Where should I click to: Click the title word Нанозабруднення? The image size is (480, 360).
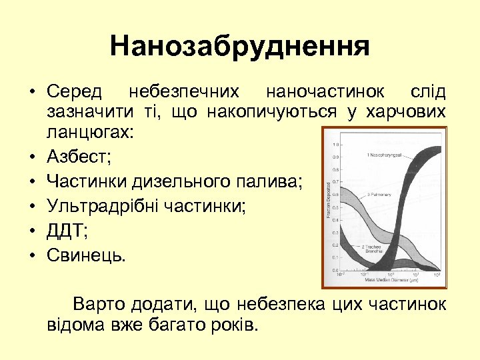(x=240, y=47)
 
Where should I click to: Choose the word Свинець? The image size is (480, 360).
(x=85, y=255)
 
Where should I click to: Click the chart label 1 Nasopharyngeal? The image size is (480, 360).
(x=385, y=155)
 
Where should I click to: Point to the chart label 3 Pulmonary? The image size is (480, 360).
(x=378, y=195)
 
